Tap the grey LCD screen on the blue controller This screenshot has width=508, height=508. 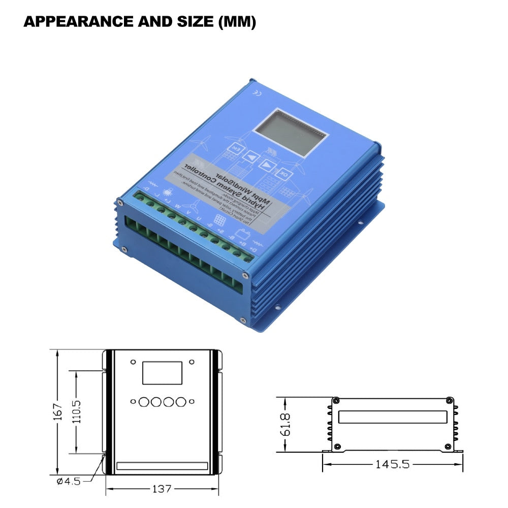point(291,132)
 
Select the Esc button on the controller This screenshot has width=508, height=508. point(235,148)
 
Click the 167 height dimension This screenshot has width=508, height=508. point(57,411)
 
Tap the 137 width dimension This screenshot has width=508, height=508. point(162,489)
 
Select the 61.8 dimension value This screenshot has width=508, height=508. point(285,424)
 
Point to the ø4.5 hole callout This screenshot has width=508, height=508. point(69,481)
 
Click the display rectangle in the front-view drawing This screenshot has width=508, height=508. point(162,372)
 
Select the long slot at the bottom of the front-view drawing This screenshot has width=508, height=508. point(162,465)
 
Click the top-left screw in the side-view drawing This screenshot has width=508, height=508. point(336,401)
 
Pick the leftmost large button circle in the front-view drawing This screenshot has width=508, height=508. point(144,401)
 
